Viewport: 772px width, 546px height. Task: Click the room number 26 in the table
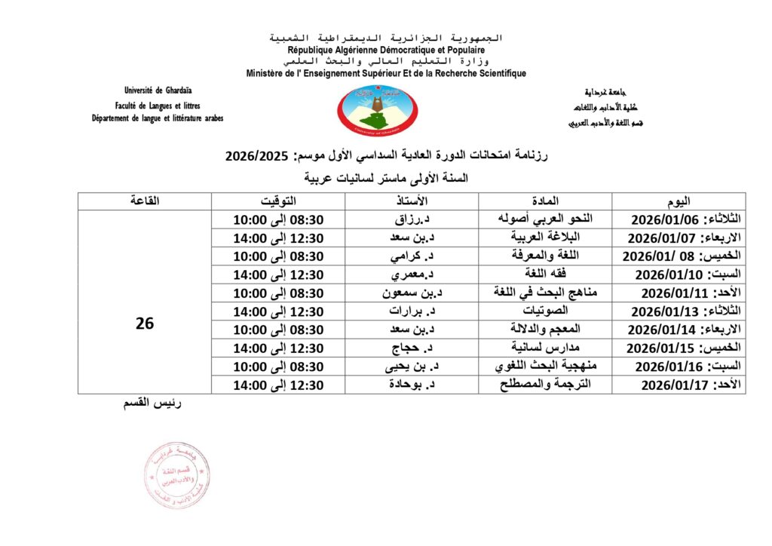[145, 323]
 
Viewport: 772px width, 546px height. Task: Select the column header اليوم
[678, 201]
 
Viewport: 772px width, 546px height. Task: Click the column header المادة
[545, 201]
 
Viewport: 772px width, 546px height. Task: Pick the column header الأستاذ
[412, 201]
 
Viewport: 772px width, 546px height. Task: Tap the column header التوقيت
[278, 201]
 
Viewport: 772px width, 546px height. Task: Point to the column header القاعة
[145, 201]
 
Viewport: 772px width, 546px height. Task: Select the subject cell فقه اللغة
[545, 274]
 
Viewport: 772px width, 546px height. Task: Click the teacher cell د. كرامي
[412, 256]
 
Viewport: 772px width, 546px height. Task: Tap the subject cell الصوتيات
[545, 311]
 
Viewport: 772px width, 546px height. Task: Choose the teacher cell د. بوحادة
[412, 385]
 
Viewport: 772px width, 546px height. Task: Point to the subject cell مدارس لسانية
[545, 348]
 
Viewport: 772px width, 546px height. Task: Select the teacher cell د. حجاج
[412, 348]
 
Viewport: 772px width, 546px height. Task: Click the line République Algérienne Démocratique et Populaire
[385, 49]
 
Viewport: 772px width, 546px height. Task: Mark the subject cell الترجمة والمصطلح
[545, 385]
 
